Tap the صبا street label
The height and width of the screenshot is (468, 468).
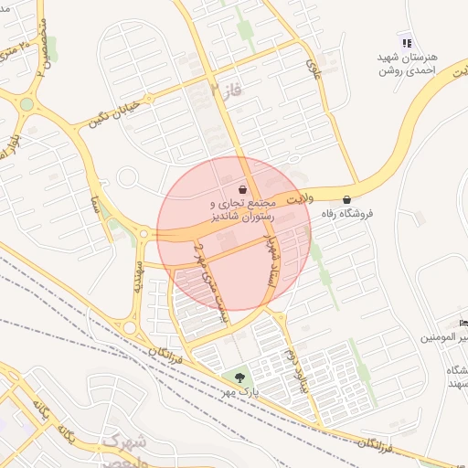point(95,199)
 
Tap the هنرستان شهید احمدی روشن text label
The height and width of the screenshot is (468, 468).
point(408,64)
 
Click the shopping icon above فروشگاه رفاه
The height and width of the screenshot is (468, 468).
point(346,199)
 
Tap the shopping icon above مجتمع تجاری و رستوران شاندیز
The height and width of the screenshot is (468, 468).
point(241,189)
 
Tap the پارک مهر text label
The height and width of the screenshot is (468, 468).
point(245,392)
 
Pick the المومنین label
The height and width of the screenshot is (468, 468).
point(444,337)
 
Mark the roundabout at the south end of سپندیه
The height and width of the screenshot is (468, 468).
point(130,327)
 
